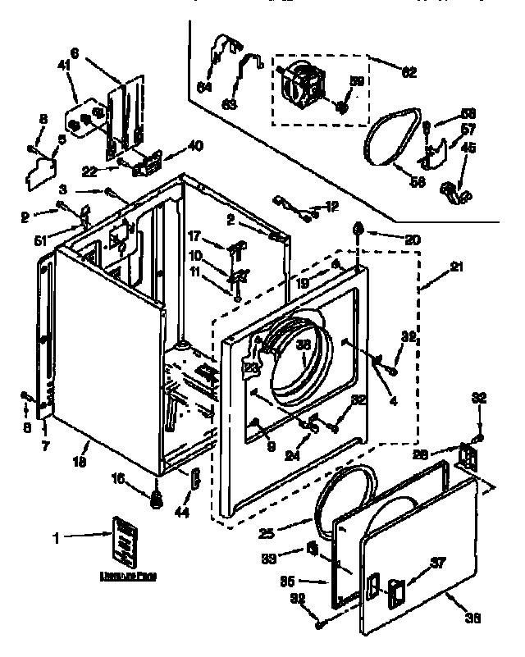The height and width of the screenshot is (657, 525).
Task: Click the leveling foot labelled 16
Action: point(154,497)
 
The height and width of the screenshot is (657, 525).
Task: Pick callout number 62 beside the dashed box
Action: point(409,73)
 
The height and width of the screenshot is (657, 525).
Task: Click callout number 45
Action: point(468,148)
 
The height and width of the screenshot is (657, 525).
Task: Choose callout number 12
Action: point(331,206)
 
